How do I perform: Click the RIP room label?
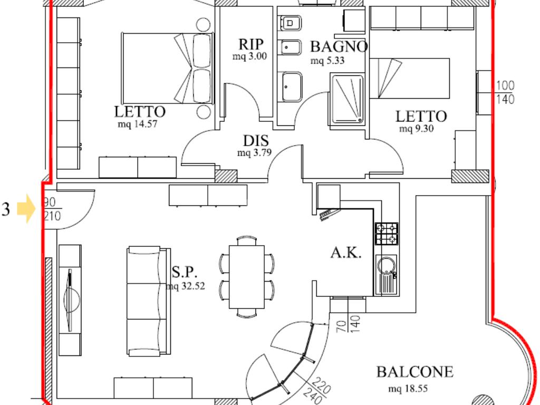tap(251, 44)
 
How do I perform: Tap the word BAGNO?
tap(339, 46)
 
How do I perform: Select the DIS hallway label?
tap(256, 141)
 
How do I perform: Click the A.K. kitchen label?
tap(346, 253)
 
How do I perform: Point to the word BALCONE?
tap(414, 372)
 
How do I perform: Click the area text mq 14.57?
tap(138, 123)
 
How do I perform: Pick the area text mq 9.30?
tap(417, 129)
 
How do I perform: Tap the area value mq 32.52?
tap(185, 286)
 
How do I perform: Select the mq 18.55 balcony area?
tap(408, 389)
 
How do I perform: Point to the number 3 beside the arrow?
tap(6, 209)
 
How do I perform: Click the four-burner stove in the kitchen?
tap(387, 234)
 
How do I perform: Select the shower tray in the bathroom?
tap(347, 99)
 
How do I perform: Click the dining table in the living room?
tap(247, 277)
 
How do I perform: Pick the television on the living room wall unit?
tap(70, 300)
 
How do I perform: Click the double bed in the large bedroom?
tap(168, 68)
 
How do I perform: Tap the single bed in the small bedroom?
tap(409, 78)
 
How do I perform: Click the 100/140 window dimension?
tap(505, 92)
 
